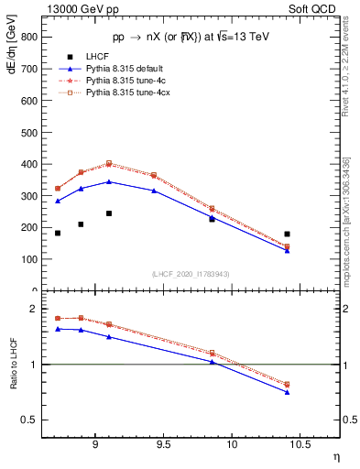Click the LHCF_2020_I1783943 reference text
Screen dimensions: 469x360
click(x=190, y=275)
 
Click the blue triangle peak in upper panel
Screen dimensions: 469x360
click(x=109, y=181)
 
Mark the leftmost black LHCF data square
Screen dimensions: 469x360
click(x=58, y=234)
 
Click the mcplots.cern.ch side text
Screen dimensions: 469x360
click(x=345, y=220)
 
